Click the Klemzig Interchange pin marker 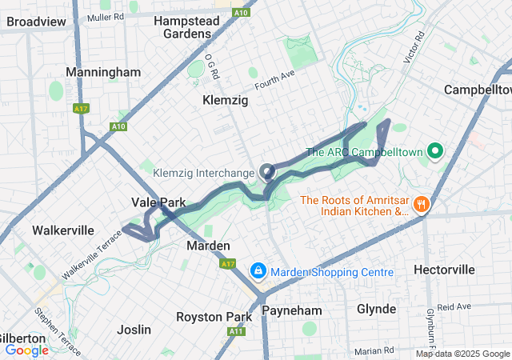tap(266, 171)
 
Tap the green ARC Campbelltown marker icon tap(436, 150)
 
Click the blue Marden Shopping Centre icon tap(258, 272)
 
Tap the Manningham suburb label tap(103, 72)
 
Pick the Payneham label tap(291, 310)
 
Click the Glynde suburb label tap(376, 309)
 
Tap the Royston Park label tap(214, 317)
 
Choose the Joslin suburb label tap(134, 330)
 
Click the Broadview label tap(36, 22)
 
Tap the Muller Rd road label tap(106, 17)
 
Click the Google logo tap(26, 350)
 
